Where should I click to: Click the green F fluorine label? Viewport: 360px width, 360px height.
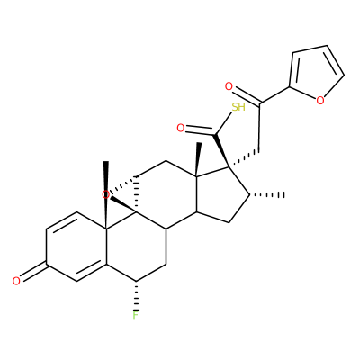(x=136, y=315)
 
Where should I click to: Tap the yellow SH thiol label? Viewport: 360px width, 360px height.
(x=238, y=107)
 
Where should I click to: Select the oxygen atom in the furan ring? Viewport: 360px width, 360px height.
(x=320, y=101)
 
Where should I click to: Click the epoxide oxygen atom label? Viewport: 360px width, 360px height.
(x=105, y=195)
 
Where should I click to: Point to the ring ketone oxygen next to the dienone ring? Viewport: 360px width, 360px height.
(x=16, y=281)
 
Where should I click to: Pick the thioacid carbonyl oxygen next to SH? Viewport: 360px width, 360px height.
(x=180, y=129)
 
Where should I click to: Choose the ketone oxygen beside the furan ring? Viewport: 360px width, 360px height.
(x=229, y=87)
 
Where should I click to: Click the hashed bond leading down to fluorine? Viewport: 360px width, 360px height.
(x=136, y=295)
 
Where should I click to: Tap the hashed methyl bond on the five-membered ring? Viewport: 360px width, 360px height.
(x=267, y=195)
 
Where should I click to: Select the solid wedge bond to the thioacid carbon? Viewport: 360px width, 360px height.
(x=221, y=150)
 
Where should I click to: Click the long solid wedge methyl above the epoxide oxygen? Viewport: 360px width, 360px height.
(x=106, y=196)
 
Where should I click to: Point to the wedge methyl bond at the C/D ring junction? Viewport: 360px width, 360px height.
(x=197, y=159)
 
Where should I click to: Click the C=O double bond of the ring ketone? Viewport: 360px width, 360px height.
(x=34, y=272)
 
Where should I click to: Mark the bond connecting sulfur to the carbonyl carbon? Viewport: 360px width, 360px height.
(x=224, y=123)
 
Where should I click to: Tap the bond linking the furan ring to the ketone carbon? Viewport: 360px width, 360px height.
(x=274, y=95)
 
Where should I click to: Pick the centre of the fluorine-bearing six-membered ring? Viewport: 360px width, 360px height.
(x=136, y=247)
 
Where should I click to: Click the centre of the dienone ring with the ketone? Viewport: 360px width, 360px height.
(x=76, y=247)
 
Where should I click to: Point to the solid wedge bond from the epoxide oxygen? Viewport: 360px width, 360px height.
(x=123, y=206)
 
